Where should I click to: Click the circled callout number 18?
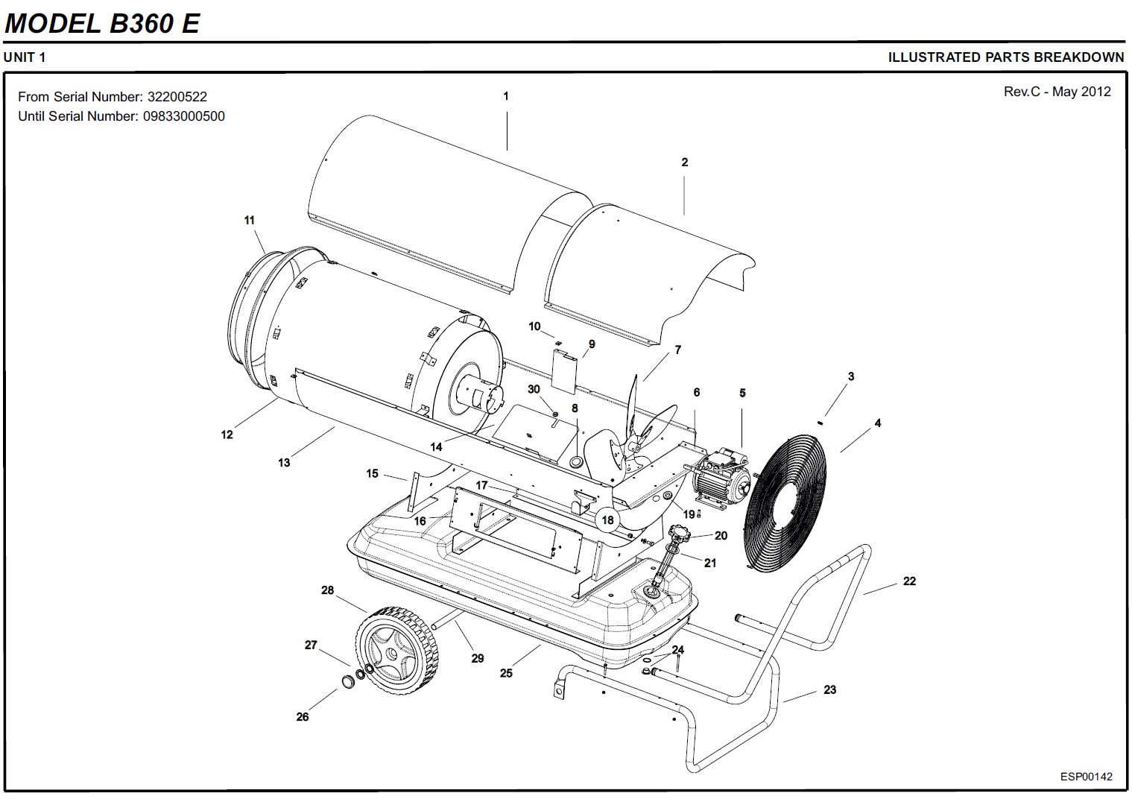pos(608,519)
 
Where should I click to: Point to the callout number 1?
pos(506,96)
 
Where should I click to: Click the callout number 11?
pos(250,220)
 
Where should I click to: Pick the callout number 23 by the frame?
pos(829,690)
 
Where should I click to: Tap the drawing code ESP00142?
pos(1087,777)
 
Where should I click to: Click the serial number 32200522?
pos(177,97)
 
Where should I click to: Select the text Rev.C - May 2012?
pos(1057,92)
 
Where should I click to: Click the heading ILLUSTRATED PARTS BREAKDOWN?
pos(1005,57)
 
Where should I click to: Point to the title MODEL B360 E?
pos(102,23)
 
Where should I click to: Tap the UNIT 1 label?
pos(25,57)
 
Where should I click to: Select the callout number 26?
pos(302,717)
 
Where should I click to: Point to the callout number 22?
pos(909,581)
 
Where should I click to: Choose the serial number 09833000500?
pos(184,116)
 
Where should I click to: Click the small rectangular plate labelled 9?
pos(566,370)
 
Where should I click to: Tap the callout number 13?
pos(284,463)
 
